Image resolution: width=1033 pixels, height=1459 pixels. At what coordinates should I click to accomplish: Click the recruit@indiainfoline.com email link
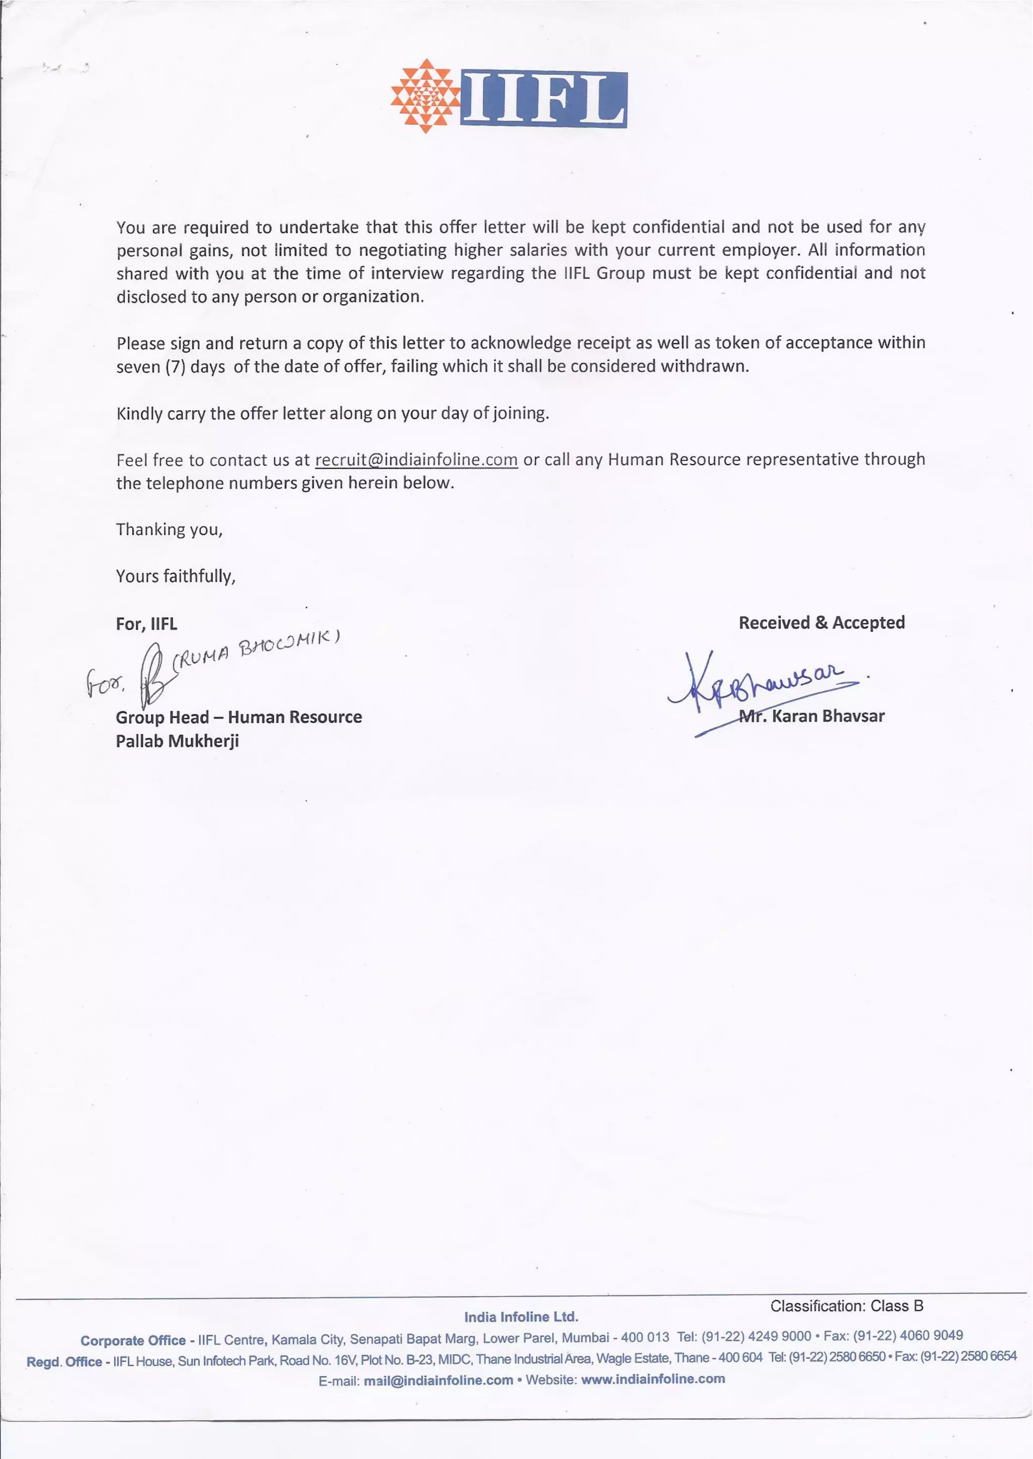pyautogui.click(x=416, y=460)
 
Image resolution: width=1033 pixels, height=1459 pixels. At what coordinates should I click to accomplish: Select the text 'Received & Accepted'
pyautogui.click(x=821, y=623)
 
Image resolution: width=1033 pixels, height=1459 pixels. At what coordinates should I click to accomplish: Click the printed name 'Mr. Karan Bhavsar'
pyautogui.click(x=812, y=716)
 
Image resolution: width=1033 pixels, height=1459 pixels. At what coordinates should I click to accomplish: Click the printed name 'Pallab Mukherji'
pyautogui.click(x=177, y=741)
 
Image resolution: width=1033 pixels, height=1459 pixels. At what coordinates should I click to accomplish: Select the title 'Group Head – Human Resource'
pyautogui.click(x=239, y=718)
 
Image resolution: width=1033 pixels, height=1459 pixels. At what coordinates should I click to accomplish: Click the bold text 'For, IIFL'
pyautogui.click(x=146, y=624)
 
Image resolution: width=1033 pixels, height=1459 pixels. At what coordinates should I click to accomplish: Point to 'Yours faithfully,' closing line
pyautogui.click(x=176, y=576)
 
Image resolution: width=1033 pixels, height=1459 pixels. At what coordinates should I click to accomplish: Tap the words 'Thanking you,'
pyautogui.click(x=169, y=530)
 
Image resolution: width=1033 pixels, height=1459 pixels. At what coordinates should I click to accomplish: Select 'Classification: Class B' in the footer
pyautogui.click(x=846, y=1306)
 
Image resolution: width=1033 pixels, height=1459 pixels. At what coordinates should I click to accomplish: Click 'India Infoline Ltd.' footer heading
pyautogui.click(x=521, y=1317)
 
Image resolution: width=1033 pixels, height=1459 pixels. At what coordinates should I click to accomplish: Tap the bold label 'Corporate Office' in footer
pyautogui.click(x=133, y=1340)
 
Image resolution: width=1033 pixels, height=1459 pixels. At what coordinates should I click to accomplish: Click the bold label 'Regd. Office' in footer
pyautogui.click(x=64, y=1362)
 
